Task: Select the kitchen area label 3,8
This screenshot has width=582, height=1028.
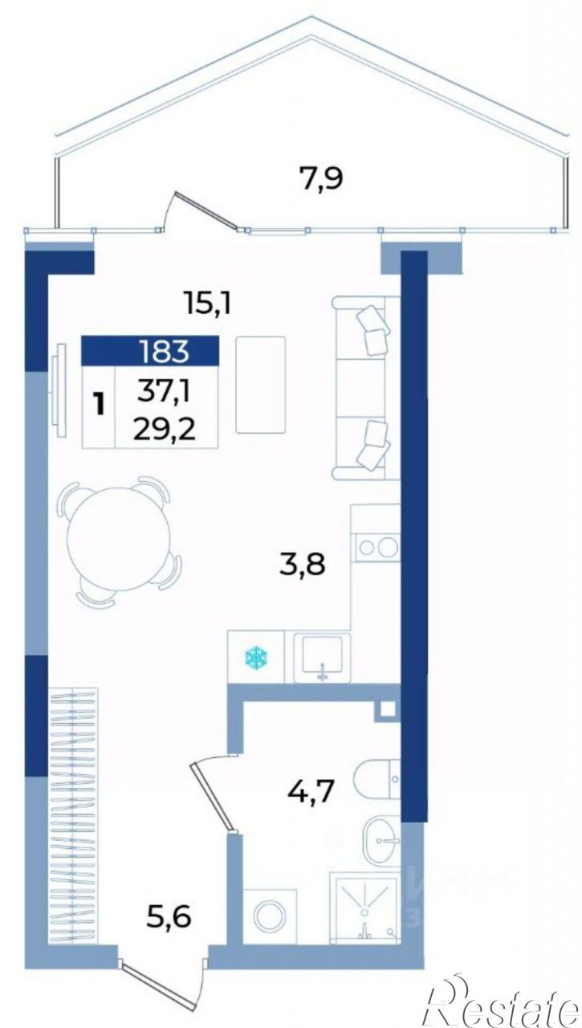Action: [x=302, y=564]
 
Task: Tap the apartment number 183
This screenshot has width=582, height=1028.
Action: [x=165, y=352]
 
